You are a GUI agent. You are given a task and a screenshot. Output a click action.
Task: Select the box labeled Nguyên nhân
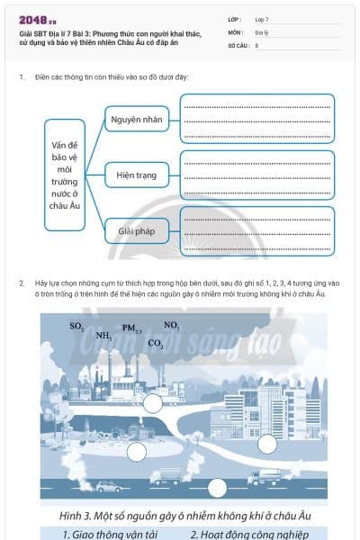pos(137,119)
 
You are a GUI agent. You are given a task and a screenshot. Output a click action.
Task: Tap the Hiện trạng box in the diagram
pos(137,175)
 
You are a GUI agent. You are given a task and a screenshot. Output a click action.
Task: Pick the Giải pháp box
pos(137,231)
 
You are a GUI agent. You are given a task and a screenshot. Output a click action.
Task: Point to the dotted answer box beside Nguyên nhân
pos(256,119)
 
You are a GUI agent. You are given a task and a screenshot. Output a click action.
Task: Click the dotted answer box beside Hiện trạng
pos(256,175)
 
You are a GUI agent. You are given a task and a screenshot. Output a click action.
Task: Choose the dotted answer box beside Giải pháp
pos(256,231)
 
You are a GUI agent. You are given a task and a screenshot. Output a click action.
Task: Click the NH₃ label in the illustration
pos(103,336)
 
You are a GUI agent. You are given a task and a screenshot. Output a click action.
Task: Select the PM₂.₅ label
pos(131,328)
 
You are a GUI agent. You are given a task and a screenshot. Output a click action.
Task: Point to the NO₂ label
pos(171,325)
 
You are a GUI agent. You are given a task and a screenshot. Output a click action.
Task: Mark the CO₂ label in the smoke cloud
pos(156,343)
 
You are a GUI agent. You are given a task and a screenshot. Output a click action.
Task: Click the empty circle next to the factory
pos(153,401)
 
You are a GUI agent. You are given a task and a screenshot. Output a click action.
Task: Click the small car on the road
pos(107,487)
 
